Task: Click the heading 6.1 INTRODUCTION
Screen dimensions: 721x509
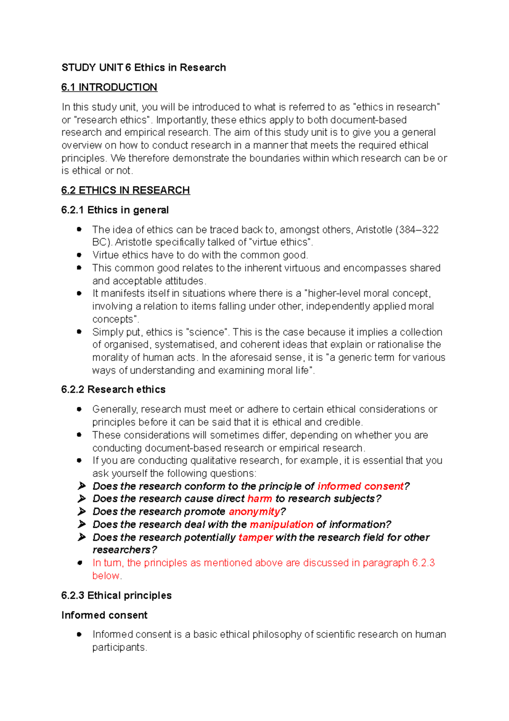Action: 109,87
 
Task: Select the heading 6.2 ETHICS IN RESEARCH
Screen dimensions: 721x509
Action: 126,190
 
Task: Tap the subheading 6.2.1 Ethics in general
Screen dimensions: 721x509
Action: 115,210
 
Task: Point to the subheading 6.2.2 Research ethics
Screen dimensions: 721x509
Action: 113,390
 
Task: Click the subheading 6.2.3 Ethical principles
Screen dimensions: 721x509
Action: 116,596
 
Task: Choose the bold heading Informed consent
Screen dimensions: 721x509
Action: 104,615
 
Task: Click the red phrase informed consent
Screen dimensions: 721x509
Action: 360,486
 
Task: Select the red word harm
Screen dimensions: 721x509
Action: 260,499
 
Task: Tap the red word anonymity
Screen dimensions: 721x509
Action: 255,512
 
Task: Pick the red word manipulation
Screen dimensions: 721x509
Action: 281,524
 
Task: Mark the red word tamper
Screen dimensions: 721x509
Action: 255,538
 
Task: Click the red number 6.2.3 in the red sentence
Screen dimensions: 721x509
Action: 423,563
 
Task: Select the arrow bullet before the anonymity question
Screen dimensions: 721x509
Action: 82,511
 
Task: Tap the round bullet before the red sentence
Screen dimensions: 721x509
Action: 79,563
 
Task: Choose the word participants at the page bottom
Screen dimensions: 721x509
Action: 119,648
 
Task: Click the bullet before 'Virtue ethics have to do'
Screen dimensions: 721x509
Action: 79,255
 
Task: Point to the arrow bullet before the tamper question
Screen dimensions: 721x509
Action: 82,537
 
